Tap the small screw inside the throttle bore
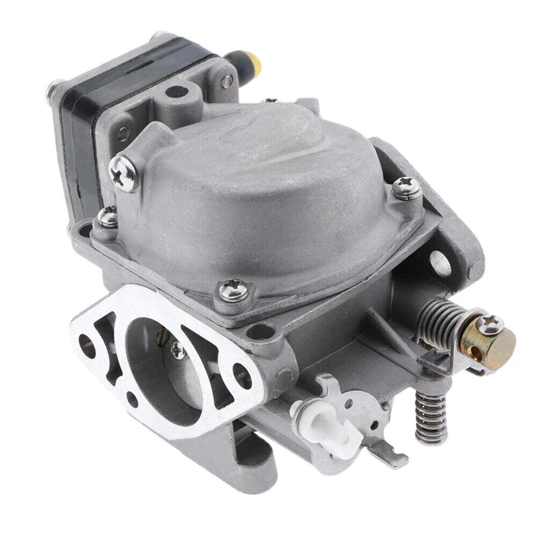[176, 351]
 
